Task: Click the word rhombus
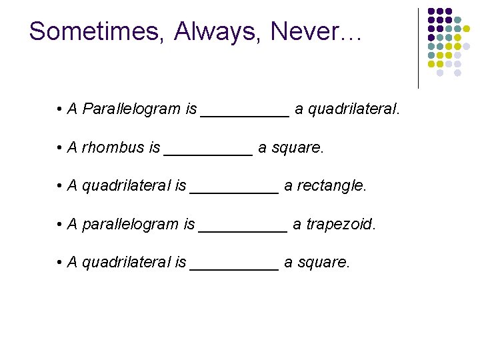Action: pyautogui.click(x=113, y=147)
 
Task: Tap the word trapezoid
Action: pyautogui.click(x=340, y=224)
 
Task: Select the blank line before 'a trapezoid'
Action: pyautogui.click(x=243, y=230)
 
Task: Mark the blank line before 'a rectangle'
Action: pyautogui.click(x=234, y=192)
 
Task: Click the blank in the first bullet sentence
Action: pyautogui.click(x=245, y=115)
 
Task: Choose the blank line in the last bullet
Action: pyautogui.click(x=234, y=269)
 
